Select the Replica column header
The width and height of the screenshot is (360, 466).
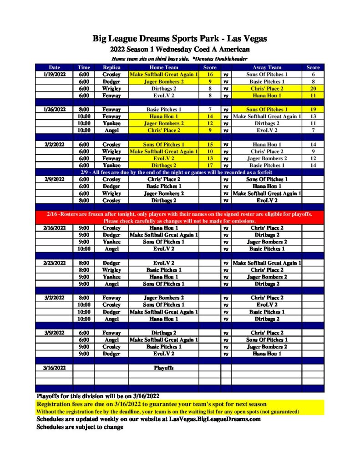112,67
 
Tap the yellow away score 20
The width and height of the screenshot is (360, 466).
313,89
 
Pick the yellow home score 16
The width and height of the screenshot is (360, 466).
210,74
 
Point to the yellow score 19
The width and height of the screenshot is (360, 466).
313,110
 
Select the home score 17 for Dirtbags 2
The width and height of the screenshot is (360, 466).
210,166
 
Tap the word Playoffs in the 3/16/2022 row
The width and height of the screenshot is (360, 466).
164,368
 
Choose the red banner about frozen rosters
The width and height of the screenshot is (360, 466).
180,217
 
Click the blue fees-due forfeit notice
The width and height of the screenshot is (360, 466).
180,172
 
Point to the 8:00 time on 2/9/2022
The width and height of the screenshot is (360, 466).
84,200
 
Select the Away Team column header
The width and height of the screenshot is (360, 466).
267,67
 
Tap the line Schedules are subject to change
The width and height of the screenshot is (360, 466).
80,427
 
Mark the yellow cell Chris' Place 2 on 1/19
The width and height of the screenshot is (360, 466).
267,89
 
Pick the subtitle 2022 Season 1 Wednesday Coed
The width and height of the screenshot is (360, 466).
180,49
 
